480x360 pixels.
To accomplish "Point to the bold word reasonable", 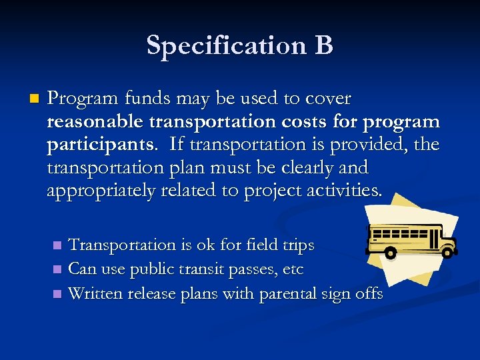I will point(104,122).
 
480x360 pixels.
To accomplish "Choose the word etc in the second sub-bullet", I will point(292,269).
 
